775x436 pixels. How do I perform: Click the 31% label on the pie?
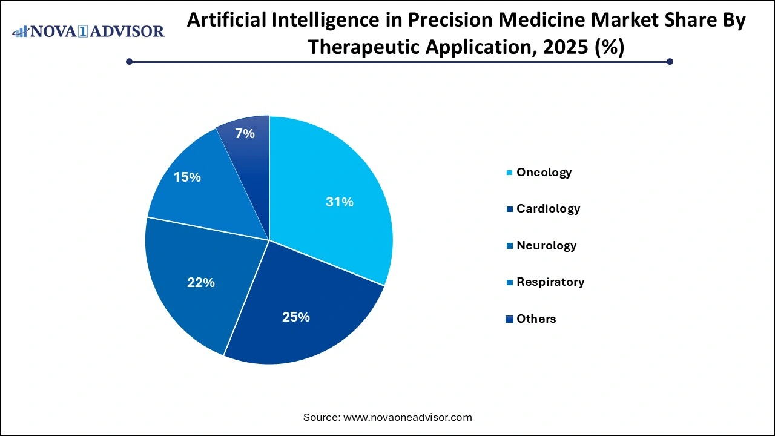point(339,202)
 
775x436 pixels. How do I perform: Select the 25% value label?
point(296,317)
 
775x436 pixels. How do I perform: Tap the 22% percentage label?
point(201,282)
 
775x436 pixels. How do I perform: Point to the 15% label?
point(187,177)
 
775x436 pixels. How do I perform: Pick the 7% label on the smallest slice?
point(245,134)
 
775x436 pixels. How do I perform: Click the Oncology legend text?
point(544,173)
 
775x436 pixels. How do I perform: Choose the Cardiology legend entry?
point(548,209)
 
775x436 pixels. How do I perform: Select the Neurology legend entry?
point(546,246)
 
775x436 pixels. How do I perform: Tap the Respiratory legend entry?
point(550,282)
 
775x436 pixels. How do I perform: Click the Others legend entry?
point(536,319)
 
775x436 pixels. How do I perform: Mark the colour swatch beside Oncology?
point(510,173)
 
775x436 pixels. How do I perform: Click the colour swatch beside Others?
point(510,319)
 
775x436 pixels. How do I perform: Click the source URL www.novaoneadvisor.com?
point(407,417)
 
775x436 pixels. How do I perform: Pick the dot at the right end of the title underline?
point(670,61)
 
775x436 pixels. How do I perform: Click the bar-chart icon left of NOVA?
point(21,31)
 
